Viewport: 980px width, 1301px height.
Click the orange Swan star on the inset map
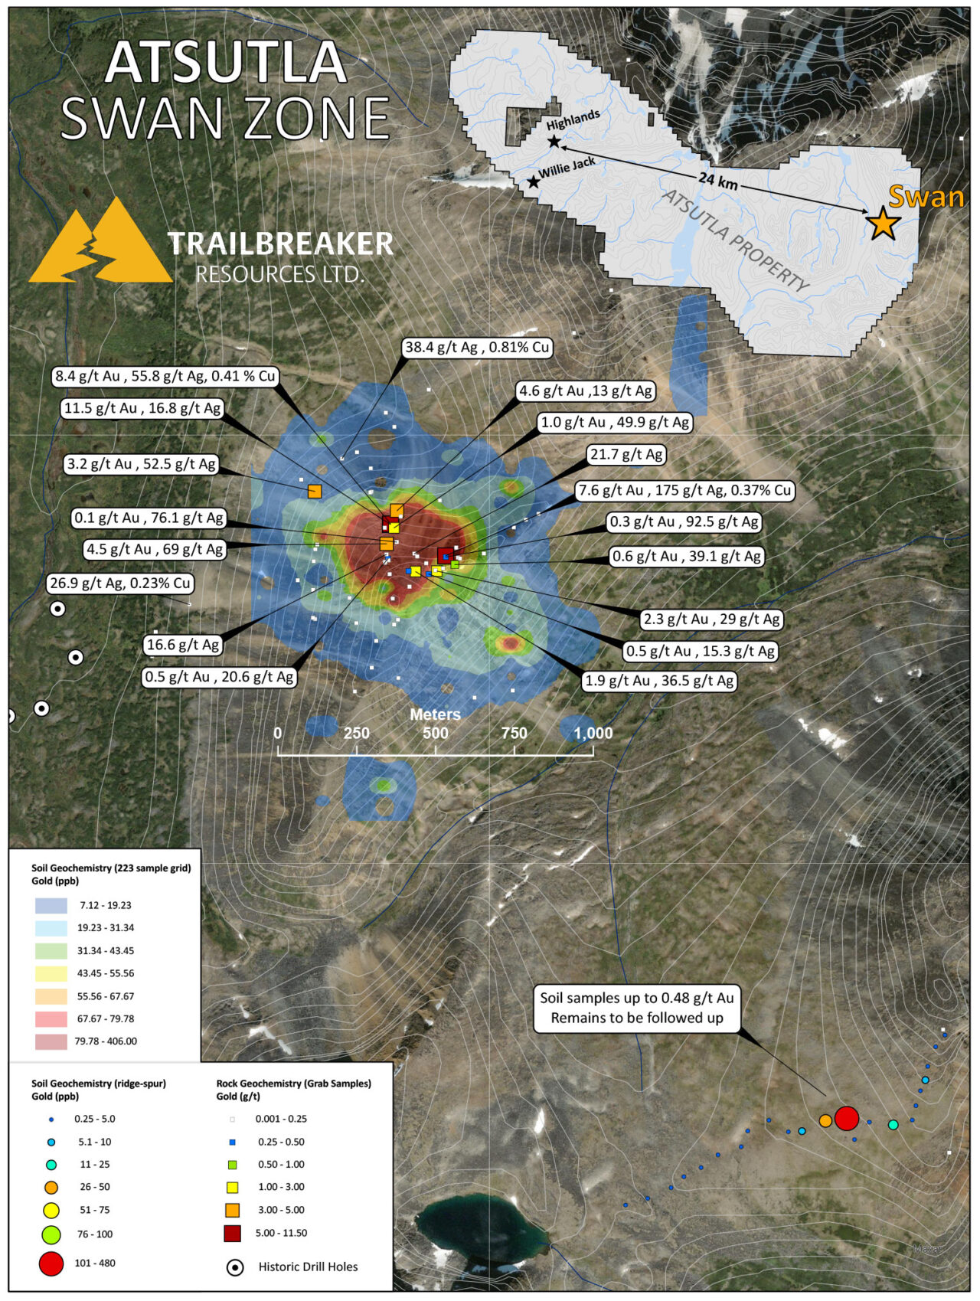coord(883,224)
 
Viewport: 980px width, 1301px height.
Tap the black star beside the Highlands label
coord(554,142)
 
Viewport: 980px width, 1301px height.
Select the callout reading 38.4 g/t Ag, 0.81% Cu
coord(478,347)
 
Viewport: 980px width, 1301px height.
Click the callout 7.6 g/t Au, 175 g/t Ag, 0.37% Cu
coord(684,490)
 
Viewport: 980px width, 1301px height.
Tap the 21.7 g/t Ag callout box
coord(626,454)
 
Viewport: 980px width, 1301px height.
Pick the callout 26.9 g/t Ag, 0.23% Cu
coord(120,583)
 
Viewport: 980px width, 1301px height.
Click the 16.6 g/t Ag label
coord(183,645)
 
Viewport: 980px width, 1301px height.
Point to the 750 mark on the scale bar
coord(514,734)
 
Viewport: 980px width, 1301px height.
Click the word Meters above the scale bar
coord(435,714)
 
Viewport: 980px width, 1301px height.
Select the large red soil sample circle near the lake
coord(846,1118)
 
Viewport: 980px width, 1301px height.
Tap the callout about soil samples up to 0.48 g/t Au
coord(636,1008)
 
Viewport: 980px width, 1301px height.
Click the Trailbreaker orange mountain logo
coord(100,243)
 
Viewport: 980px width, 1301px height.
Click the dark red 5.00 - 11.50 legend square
coord(232,1233)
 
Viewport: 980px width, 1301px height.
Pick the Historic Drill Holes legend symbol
coord(236,1267)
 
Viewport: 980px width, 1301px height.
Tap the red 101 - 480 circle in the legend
coord(51,1263)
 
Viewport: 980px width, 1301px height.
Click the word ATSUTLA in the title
coord(226,63)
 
